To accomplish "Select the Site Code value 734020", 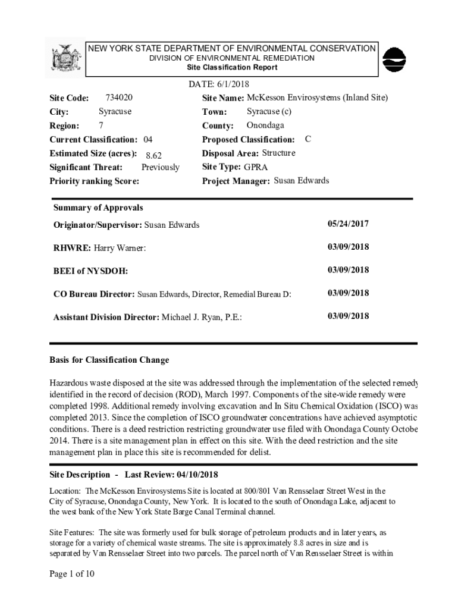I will click(118, 97).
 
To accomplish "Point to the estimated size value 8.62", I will click(153, 155).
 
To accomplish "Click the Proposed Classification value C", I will click(308, 139).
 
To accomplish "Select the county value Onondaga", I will click(265, 125).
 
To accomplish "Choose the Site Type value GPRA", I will click(256, 167).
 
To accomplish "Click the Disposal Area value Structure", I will click(278, 153).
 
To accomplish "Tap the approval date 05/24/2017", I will click(348, 224).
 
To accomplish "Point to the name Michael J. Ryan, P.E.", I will click(201, 317).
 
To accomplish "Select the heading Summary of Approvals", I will click(98, 208).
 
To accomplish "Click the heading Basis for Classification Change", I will click(109, 360).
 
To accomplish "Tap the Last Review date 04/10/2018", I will click(197, 475).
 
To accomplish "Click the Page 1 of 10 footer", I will click(72, 574).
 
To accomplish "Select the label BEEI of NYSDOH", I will click(90, 271).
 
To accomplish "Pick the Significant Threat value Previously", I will click(160, 168).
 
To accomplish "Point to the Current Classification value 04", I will click(148, 140).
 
